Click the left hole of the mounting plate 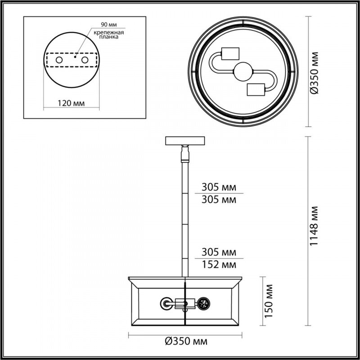tap(58, 59)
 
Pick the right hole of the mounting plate tap(85, 59)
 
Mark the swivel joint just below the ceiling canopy tap(184, 154)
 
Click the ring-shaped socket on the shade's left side tap(167, 304)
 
